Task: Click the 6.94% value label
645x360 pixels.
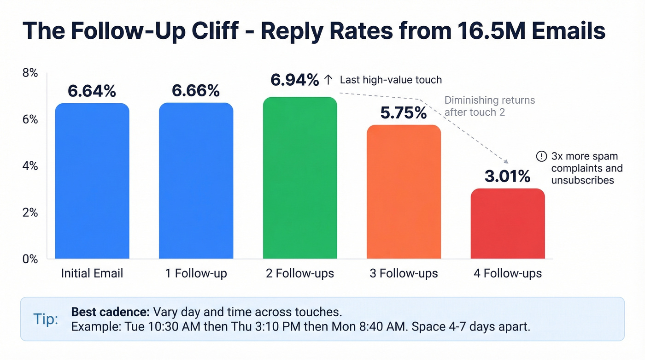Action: click(294, 80)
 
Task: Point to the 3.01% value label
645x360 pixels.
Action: click(507, 176)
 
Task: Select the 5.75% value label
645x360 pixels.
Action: click(404, 112)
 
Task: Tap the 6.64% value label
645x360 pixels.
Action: click(92, 91)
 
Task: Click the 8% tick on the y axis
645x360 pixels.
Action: click(30, 73)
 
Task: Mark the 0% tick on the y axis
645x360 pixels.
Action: click(30, 259)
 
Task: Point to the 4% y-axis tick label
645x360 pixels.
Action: click(30, 166)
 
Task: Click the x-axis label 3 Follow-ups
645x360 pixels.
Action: click(404, 273)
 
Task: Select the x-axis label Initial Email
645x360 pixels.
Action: click(92, 273)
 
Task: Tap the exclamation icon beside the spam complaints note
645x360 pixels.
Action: click(542, 157)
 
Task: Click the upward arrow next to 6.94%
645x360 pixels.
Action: click(328, 80)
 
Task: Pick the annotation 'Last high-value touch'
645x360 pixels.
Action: click(391, 80)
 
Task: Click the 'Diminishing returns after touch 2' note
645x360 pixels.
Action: click(490, 106)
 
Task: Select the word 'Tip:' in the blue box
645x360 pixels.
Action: click(46, 319)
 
